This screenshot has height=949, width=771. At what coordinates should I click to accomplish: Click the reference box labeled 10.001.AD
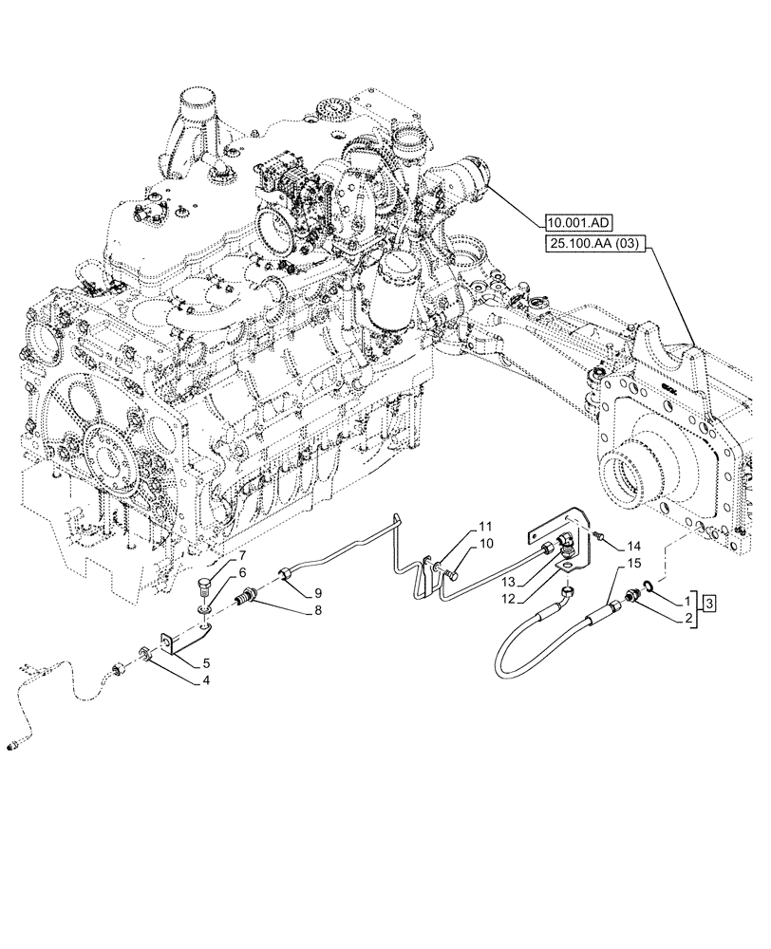[x=579, y=224]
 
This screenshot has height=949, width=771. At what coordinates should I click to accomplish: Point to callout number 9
[x=317, y=592]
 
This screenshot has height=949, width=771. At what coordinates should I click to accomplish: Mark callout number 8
[x=317, y=612]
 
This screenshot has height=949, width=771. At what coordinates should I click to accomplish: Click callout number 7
[x=242, y=554]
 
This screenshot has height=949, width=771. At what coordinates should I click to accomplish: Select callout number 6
[x=242, y=572]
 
